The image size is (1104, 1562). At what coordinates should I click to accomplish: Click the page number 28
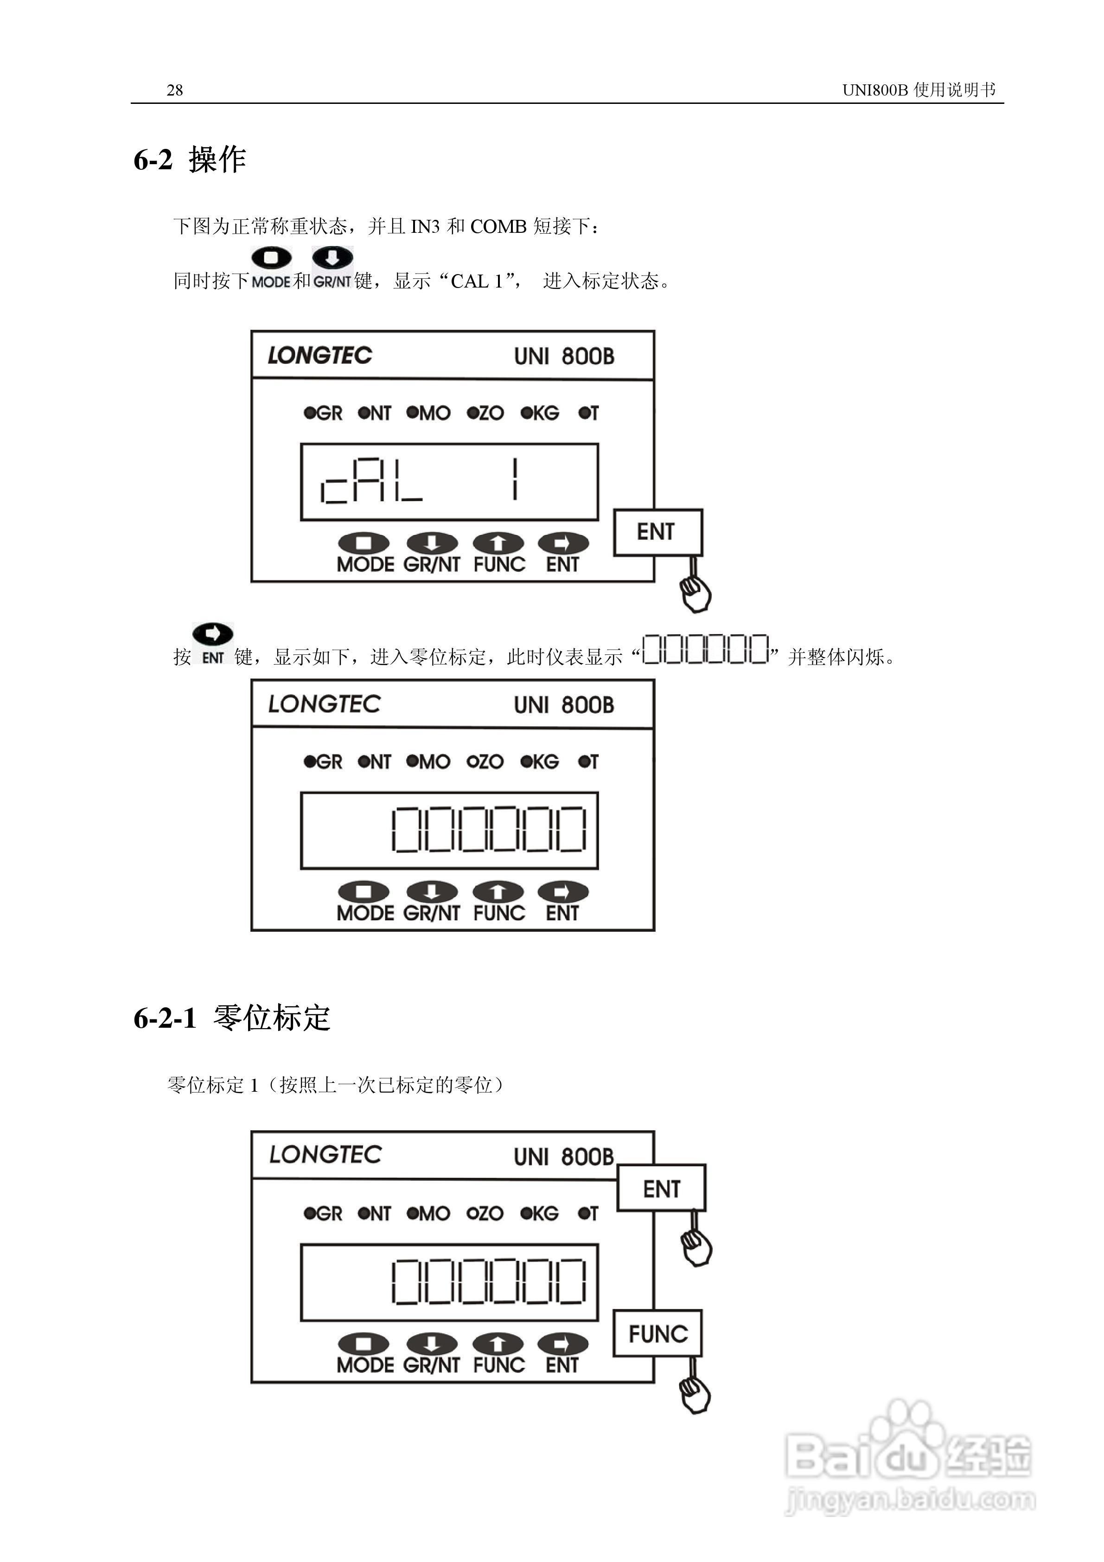pos(174,90)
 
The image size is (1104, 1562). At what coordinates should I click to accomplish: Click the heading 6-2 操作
pos(189,160)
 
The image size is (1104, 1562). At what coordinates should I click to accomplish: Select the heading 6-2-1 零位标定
pos(231,1018)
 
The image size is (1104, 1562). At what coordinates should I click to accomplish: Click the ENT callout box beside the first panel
pos(657,532)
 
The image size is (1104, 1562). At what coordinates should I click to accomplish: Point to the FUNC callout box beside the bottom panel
pos(657,1333)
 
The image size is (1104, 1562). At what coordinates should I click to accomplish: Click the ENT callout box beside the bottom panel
pos(661,1189)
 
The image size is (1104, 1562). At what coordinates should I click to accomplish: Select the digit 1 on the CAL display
pos(515,480)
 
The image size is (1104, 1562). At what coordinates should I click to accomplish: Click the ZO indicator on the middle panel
pos(485,762)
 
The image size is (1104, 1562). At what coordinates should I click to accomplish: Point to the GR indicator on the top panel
pos(323,413)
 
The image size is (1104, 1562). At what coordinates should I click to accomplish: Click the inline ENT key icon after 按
pos(213,642)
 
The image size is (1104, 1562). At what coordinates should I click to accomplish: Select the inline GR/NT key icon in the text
pos(332,267)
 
